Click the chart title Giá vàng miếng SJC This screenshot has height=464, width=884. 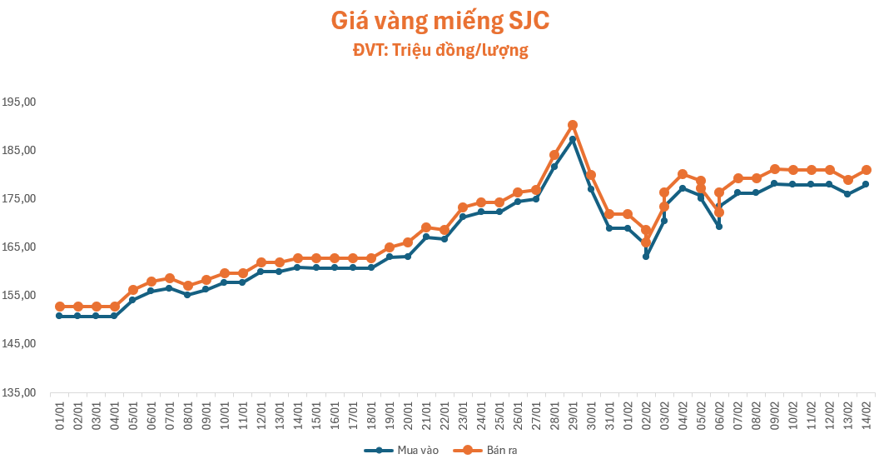(440, 21)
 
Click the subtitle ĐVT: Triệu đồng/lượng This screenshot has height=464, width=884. (440, 51)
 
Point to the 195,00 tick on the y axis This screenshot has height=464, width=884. (18, 102)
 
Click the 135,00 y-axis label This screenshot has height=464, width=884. (18, 392)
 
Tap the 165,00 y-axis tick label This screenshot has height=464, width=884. (18, 247)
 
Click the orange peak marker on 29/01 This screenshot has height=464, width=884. (573, 125)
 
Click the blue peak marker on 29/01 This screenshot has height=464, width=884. (573, 139)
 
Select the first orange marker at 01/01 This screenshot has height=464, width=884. (60, 307)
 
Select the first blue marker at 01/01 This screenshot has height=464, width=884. (60, 316)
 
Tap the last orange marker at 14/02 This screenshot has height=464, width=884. (866, 170)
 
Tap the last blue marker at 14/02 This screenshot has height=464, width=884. (866, 184)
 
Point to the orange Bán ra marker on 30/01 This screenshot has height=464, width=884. (591, 175)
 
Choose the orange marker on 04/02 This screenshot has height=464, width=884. (683, 174)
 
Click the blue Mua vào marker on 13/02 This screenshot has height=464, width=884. (847, 193)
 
